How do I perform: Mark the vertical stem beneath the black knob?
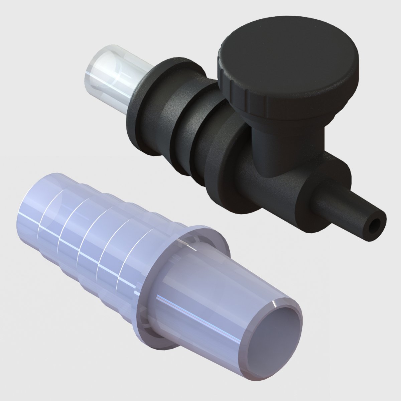pyautogui.click(x=284, y=147)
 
